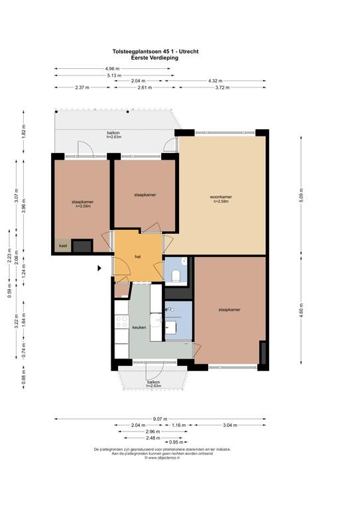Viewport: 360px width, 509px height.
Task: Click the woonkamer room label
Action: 221,197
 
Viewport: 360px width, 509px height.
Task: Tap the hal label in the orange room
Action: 138,256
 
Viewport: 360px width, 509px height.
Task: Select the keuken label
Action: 139,327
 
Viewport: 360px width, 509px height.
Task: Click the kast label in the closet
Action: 63,246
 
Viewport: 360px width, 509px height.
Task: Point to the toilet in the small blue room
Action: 176,275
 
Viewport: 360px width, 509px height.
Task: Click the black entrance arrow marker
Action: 99,268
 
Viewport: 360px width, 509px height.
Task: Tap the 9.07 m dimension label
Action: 160,419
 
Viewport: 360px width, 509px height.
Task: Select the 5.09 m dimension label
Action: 301,196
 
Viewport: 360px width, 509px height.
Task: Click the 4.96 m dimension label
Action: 112,68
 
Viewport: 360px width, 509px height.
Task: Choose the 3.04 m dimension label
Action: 230,425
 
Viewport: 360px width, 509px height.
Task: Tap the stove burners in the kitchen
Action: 121,321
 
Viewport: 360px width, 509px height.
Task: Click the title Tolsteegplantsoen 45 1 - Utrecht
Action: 156,51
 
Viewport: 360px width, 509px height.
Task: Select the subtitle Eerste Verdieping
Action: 155,58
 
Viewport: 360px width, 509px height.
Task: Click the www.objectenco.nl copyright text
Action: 162,458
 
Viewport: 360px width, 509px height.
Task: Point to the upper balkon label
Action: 113,133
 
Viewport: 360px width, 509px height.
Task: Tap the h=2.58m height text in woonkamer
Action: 221,201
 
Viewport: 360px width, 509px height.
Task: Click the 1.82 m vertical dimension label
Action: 24,131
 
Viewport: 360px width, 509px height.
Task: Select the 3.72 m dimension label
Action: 222,87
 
